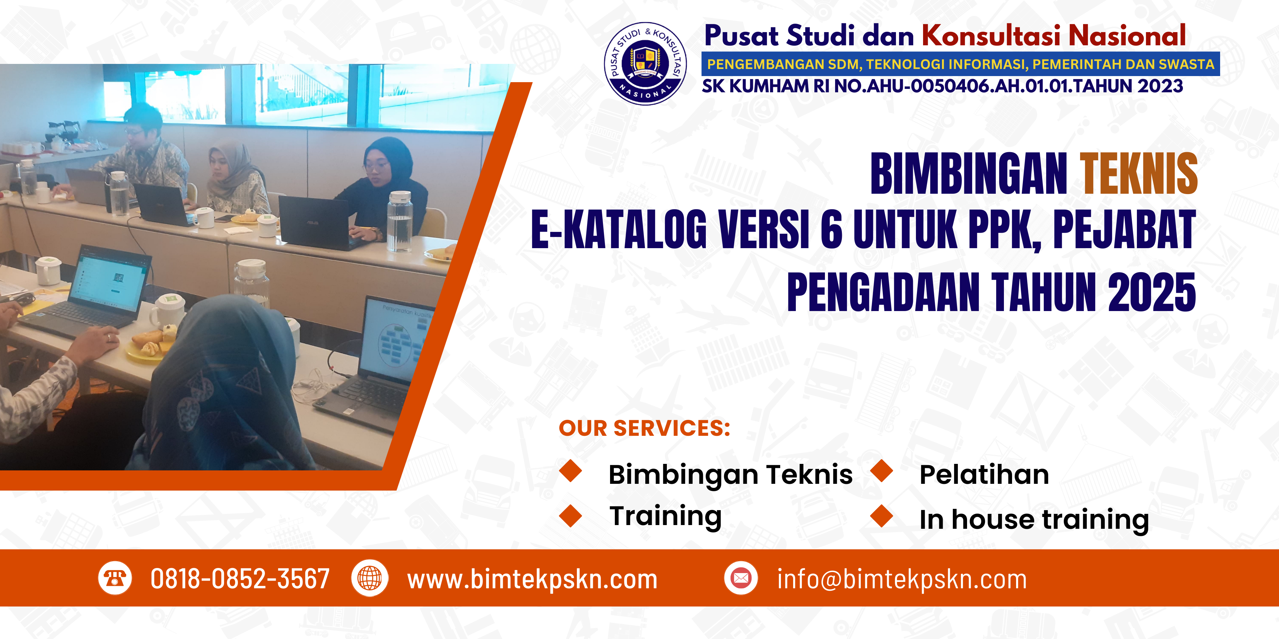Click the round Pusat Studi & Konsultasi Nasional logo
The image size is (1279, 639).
coord(645,64)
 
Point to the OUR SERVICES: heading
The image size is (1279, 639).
coord(645,428)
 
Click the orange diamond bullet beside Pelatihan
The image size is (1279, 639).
coord(882,471)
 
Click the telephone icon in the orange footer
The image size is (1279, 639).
coord(115,578)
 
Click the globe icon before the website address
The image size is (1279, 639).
coord(370,578)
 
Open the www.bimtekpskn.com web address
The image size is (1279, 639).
coord(532,579)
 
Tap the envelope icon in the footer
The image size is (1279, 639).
coord(741,578)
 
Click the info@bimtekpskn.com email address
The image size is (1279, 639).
coord(902,579)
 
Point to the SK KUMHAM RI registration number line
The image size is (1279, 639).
coord(942,86)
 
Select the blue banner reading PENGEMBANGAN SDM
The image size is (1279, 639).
coord(960,64)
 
